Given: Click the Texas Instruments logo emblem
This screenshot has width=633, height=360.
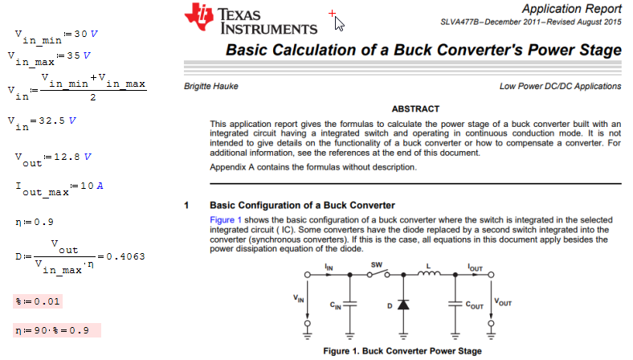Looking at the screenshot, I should point(199,17).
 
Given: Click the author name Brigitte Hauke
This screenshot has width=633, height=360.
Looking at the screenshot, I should point(211,86).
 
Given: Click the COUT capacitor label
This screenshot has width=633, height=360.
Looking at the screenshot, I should point(474,305).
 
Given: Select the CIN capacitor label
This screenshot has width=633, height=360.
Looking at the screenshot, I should point(336,305).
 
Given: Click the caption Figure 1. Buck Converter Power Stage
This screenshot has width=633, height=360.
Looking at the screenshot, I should point(402,351).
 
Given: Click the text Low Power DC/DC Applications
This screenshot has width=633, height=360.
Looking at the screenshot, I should point(560,86).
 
